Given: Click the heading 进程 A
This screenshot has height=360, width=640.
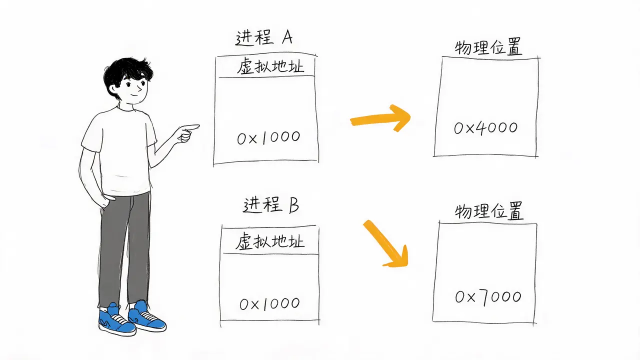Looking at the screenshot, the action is pos(264,37).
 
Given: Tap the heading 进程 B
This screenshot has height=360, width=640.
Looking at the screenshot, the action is pos(271,204).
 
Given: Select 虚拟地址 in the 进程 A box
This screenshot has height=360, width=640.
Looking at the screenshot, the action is pos(270,66).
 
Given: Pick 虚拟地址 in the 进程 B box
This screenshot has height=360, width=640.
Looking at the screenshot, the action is pos(269,241).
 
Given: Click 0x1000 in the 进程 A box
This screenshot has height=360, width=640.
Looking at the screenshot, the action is pos(268,137).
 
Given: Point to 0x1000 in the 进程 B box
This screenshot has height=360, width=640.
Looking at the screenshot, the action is pos(269,303).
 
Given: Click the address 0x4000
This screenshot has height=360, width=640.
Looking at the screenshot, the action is pos(485,127).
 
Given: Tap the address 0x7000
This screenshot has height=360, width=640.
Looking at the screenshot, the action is pos(488,297).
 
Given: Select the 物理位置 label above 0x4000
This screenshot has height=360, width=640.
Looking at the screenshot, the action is pos(488,46).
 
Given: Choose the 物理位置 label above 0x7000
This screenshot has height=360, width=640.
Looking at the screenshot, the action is pos(489,211).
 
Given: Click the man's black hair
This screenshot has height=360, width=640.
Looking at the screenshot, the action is pos(127,73).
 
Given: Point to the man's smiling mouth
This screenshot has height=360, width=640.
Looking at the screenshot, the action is pos(135,94).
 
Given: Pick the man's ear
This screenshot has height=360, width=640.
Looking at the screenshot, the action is pos(113,88).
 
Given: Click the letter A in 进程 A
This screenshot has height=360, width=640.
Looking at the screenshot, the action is pos(287,37).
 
